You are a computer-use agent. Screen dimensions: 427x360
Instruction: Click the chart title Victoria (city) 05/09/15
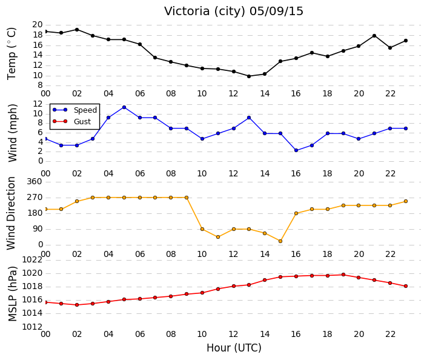(233, 12)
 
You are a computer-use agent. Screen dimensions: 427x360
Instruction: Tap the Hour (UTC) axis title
(234, 348)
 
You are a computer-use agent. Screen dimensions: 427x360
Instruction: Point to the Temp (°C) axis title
(12, 54)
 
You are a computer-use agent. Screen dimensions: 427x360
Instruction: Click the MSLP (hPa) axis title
(12, 294)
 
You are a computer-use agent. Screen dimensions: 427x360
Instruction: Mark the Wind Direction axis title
(11, 213)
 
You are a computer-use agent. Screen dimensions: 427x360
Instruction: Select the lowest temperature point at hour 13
(249, 76)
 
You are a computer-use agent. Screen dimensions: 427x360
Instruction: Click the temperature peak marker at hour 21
(374, 36)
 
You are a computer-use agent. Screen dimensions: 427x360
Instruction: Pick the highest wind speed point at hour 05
(124, 107)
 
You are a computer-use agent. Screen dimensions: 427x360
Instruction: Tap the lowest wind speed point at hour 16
(296, 150)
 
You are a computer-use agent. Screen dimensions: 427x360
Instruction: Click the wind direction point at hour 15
(280, 241)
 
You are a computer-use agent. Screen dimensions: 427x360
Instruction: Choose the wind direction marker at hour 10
(202, 229)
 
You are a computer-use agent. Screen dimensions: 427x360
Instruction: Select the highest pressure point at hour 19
(343, 275)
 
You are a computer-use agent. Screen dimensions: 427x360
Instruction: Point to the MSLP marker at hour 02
(77, 305)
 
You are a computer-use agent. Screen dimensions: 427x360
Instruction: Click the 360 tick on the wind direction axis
(35, 182)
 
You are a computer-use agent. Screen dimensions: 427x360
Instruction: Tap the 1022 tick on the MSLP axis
(32, 260)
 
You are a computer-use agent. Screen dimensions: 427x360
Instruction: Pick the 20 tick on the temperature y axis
(38, 25)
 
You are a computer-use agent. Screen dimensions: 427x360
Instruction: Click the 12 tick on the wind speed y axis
(38, 104)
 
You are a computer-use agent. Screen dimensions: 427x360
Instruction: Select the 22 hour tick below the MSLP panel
(390, 335)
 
